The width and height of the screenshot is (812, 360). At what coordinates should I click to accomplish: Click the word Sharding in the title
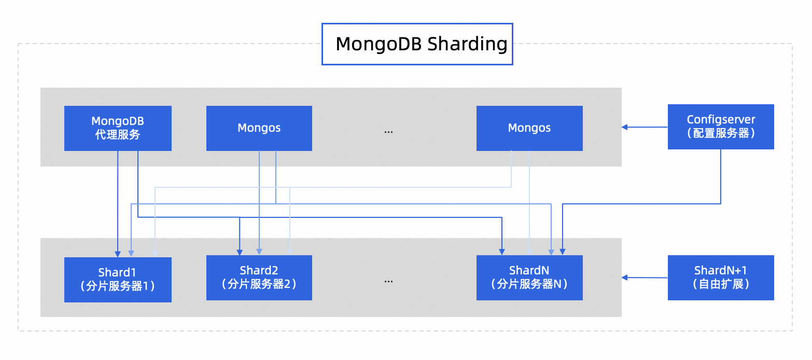coord(467,44)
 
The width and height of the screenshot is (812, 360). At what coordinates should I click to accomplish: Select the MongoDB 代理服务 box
coord(118,128)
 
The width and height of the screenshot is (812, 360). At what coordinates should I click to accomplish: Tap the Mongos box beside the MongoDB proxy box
coord(259,128)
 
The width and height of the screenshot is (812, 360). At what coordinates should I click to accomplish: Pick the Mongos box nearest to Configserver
coord(529,128)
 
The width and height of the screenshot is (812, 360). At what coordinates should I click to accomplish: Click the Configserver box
coord(720,127)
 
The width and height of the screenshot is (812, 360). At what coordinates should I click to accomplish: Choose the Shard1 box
coord(118,279)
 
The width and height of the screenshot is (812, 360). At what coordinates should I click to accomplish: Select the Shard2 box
coord(259,277)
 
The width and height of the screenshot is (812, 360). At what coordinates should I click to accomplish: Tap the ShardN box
coord(529,277)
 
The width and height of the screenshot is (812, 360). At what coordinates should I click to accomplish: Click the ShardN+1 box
coord(720,277)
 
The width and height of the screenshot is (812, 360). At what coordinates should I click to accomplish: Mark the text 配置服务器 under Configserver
coord(720,133)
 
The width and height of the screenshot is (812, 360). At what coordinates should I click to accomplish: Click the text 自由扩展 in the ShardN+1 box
coord(720,284)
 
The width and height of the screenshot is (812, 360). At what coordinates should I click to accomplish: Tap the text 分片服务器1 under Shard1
coord(118,286)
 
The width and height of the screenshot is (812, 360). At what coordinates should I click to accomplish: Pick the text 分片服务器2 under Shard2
coord(259,284)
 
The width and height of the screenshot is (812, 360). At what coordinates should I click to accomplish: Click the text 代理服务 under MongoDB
coord(118,135)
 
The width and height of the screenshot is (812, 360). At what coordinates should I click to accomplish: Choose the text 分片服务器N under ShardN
coord(529,284)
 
